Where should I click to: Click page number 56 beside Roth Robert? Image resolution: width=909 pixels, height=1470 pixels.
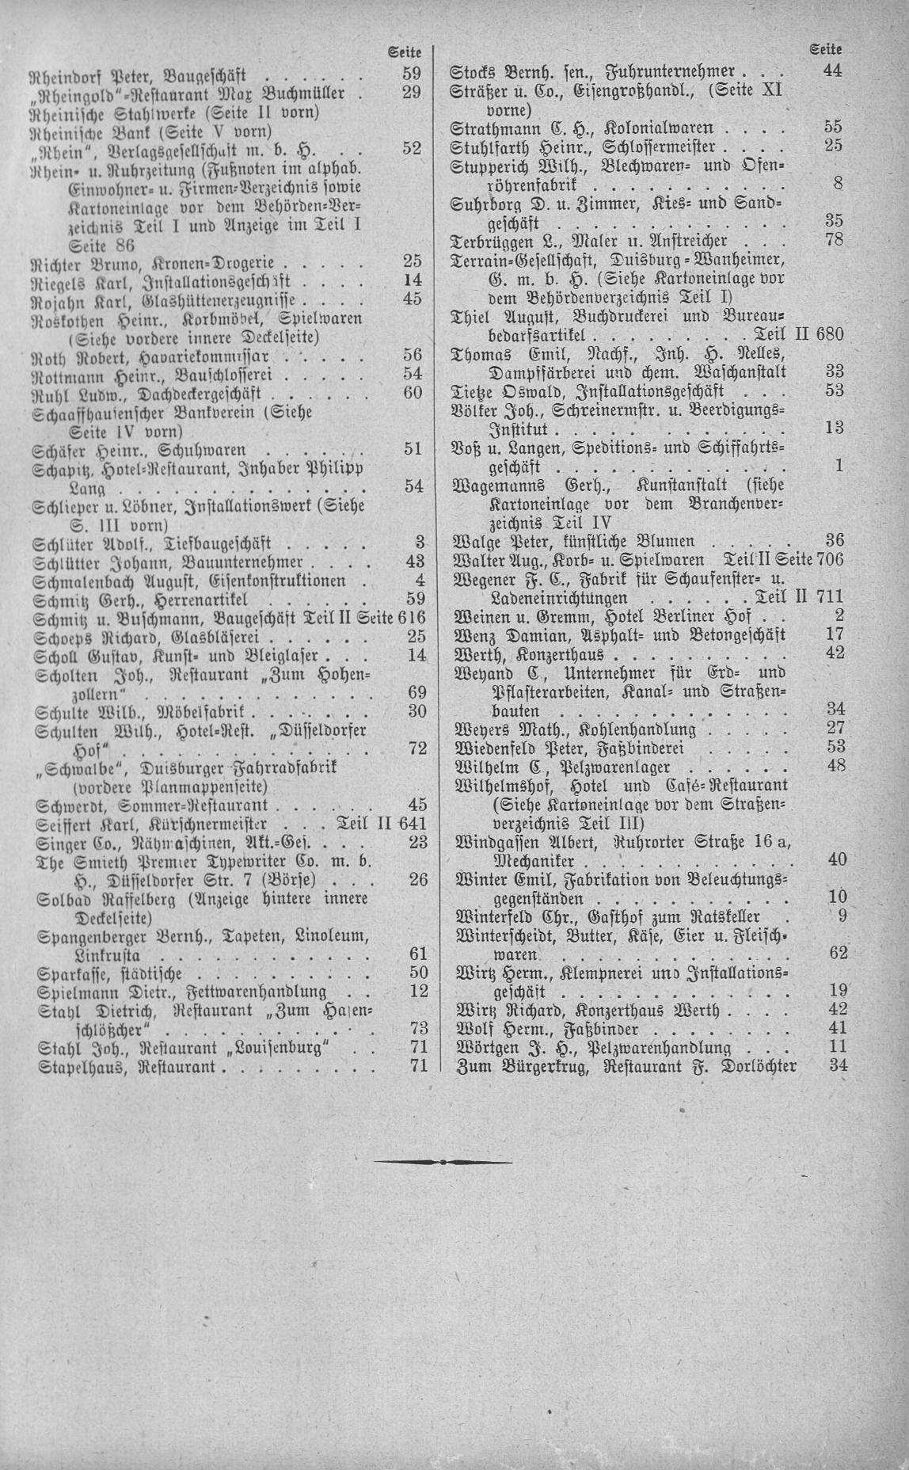pyautogui.click(x=413, y=355)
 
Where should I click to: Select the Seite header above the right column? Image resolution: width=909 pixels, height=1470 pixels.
pyautogui.click(x=826, y=50)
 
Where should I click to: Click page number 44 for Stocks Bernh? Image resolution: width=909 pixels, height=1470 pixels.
pyautogui.click(x=832, y=70)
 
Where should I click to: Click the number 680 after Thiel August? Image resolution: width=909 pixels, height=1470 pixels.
pyautogui.click(x=827, y=333)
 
